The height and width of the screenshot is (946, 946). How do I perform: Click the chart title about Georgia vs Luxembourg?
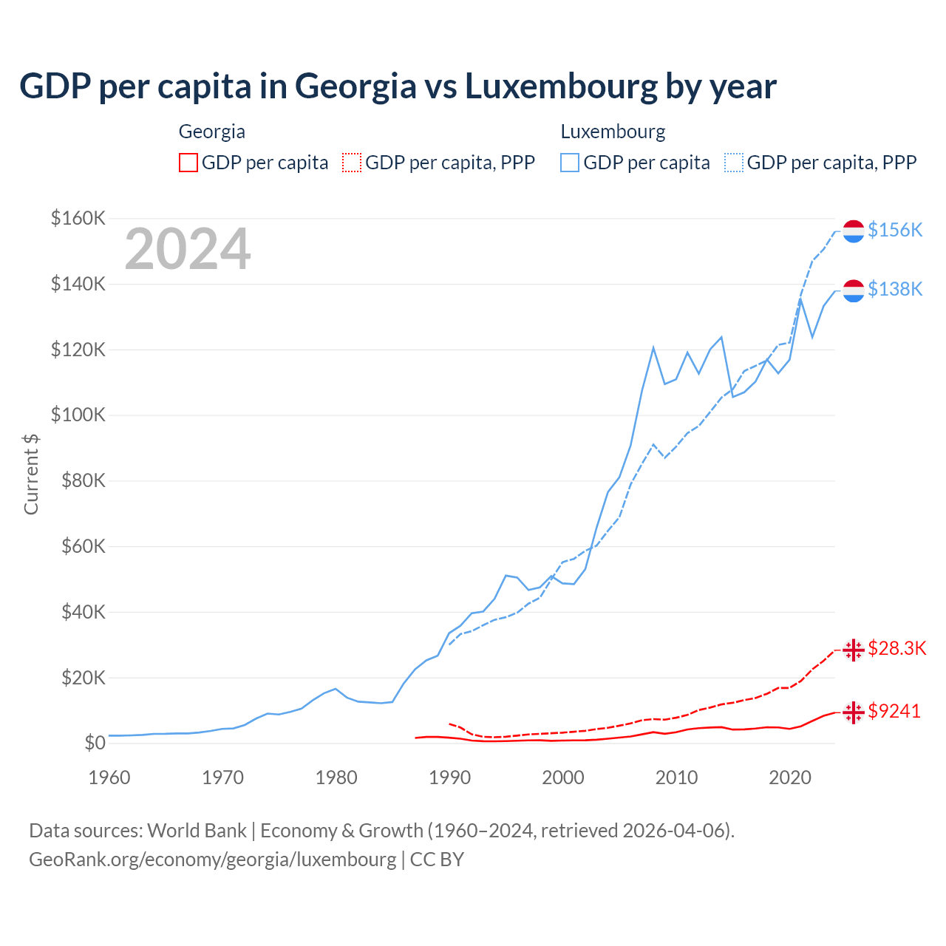click(x=398, y=86)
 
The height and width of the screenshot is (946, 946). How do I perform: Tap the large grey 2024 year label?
click(x=188, y=249)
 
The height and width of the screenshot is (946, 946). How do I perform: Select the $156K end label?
click(x=895, y=230)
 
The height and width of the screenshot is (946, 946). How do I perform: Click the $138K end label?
click(x=895, y=289)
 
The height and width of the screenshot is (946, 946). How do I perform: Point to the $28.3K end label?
click(x=896, y=648)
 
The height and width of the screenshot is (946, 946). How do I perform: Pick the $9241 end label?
click(x=894, y=711)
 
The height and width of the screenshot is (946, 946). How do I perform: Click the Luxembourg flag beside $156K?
click(x=854, y=231)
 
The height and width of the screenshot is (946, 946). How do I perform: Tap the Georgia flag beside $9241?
click(x=854, y=712)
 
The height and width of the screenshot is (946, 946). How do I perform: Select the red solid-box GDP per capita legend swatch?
click(x=188, y=163)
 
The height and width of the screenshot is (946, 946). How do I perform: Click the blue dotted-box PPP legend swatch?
click(x=734, y=163)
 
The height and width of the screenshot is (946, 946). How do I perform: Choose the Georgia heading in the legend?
click(x=212, y=132)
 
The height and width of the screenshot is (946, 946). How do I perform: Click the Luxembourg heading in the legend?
click(x=613, y=132)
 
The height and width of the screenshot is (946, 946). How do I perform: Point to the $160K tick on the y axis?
click(x=78, y=218)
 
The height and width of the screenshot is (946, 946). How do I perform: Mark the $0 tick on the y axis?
click(x=95, y=743)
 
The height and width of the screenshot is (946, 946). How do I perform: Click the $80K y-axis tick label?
click(x=78, y=480)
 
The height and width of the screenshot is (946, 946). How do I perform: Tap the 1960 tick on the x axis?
click(x=109, y=777)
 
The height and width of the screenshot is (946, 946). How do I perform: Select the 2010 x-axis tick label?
click(x=676, y=777)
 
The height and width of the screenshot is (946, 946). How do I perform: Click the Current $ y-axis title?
click(x=31, y=474)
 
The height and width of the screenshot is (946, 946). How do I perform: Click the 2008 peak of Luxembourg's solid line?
click(x=653, y=347)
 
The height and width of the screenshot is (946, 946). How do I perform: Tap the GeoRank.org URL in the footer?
click(x=213, y=860)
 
